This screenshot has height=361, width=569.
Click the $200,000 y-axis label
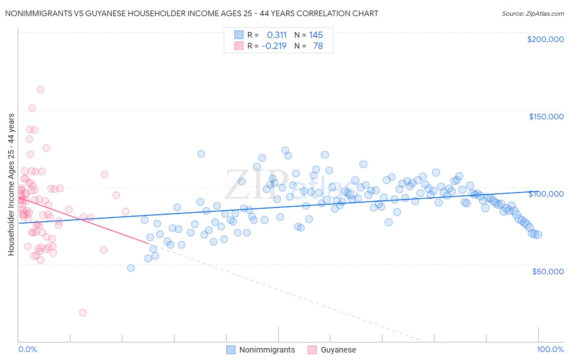click(x=545, y=39)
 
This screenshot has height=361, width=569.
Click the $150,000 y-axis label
click(x=546, y=117)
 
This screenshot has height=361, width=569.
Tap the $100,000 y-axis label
click(x=546, y=194)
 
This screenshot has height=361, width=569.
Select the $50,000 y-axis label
click(x=548, y=271)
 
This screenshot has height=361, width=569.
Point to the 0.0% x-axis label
click(x=28, y=349)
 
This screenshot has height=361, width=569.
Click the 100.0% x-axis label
click(x=550, y=349)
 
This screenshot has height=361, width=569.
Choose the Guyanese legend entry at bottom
click(x=338, y=350)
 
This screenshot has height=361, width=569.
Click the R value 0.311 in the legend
click(x=276, y=35)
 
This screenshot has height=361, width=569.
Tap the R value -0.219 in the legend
click(x=274, y=46)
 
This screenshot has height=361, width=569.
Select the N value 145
click(x=316, y=35)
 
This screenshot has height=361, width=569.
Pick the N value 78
click(x=318, y=46)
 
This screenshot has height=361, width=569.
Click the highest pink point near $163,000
click(x=40, y=89)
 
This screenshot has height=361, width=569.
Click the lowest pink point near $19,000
click(x=83, y=312)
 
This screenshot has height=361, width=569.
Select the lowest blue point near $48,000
click(x=131, y=268)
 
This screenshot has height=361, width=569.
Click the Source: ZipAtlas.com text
click(x=533, y=13)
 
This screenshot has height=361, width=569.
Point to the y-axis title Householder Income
click(x=11, y=184)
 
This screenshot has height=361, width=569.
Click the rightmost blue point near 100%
click(x=538, y=235)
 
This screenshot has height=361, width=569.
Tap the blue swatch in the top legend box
click(x=239, y=35)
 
